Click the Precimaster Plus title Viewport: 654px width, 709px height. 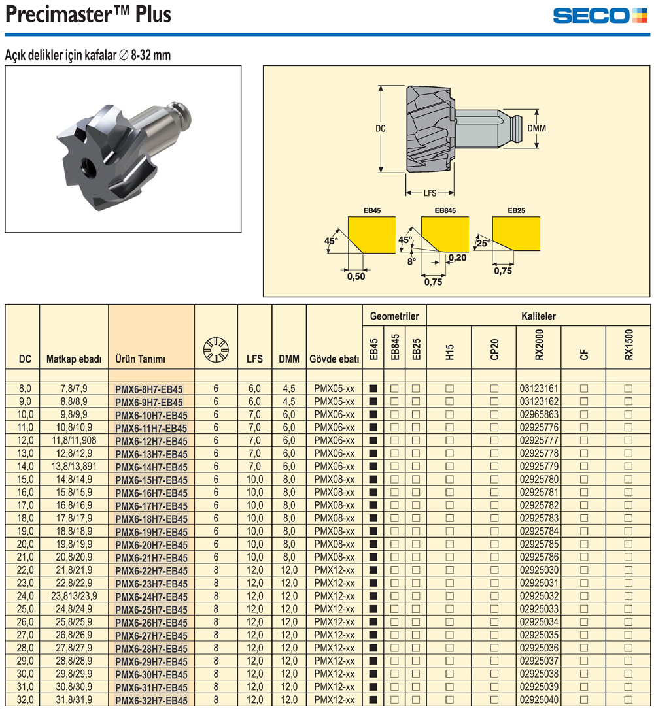click(88, 14)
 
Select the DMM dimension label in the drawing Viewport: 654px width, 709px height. click(537, 129)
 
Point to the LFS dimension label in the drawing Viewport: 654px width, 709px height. click(430, 193)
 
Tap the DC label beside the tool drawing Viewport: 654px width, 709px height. click(381, 129)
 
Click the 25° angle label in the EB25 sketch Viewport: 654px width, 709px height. click(483, 243)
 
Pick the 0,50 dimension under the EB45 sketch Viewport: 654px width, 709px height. click(356, 276)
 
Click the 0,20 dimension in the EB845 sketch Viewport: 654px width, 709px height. click(458, 257)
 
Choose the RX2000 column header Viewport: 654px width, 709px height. click(539, 344)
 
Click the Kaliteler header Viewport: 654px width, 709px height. click(539, 316)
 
